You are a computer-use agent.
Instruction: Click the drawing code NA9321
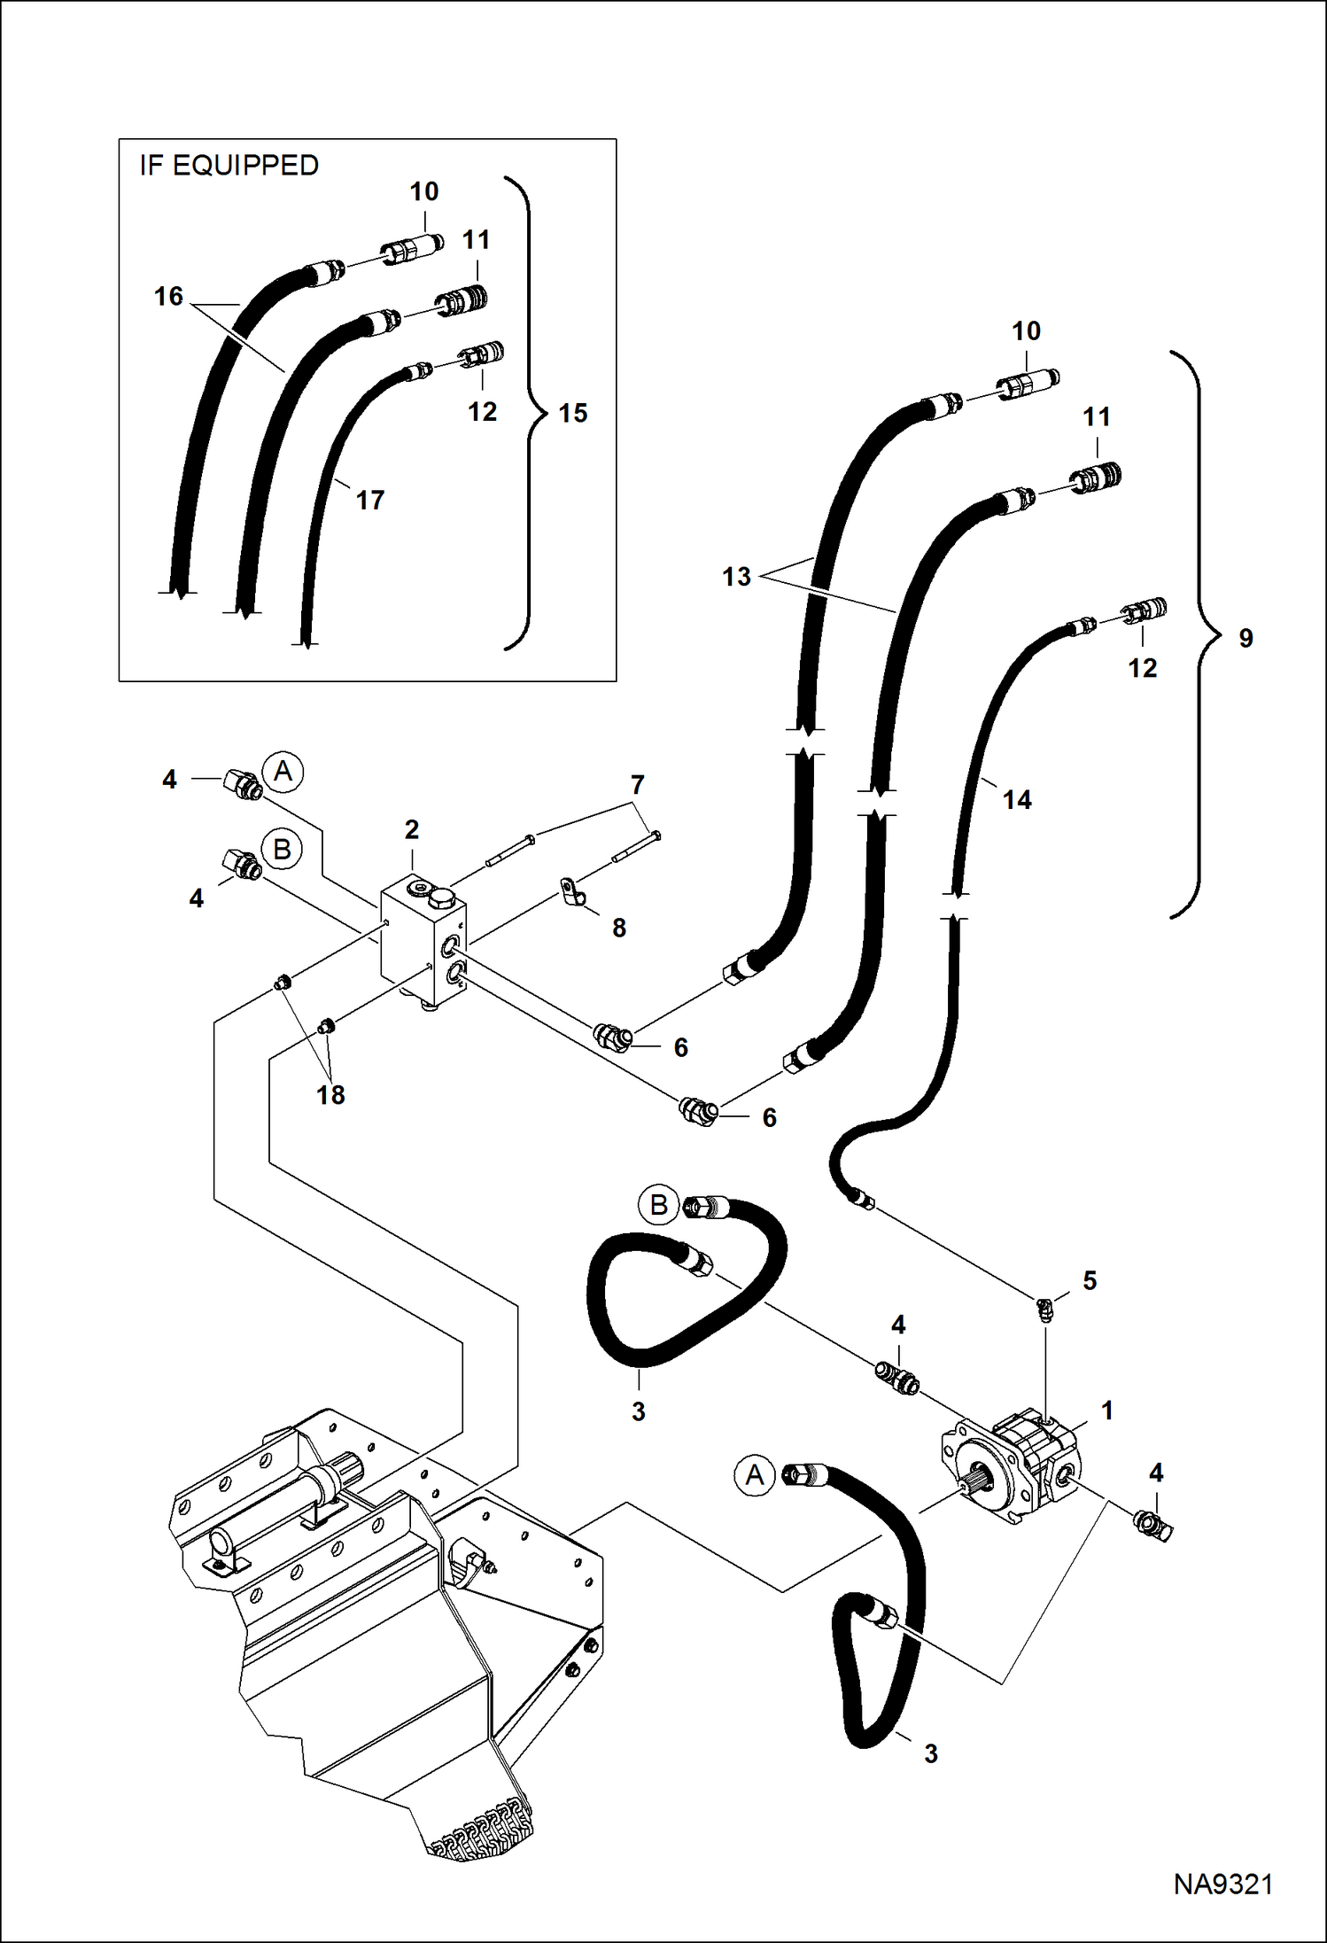point(1222,1884)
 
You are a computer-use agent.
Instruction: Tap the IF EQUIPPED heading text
point(229,166)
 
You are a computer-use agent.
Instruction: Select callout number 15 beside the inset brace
point(573,413)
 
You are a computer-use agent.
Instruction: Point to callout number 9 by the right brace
point(1246,638)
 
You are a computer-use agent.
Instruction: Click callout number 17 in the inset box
point(370,501)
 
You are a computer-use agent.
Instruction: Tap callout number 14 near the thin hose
point(1017,800)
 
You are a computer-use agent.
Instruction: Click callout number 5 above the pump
point(1090,1280)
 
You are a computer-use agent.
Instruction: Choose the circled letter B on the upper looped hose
point(658,1205)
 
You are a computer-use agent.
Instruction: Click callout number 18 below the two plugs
point(330,1095)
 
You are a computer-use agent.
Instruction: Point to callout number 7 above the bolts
point(637,785)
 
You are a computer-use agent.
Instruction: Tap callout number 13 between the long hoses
point(736,577)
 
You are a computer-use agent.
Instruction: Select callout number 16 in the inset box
point(168,296)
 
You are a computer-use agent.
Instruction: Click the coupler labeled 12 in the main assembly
point(1145,610)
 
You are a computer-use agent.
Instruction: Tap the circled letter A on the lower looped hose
point(754,1474)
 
